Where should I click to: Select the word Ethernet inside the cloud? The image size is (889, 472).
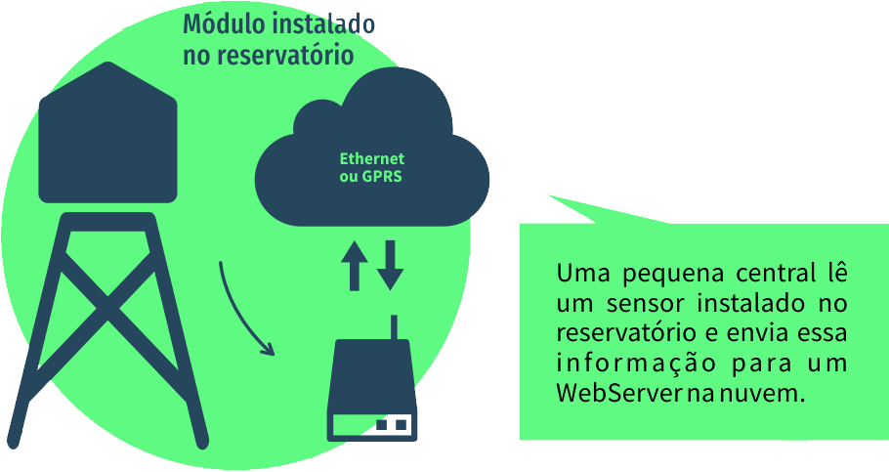[371, 159]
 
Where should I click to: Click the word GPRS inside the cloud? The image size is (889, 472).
[382, 177]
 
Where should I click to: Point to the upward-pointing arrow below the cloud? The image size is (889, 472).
[354, 264]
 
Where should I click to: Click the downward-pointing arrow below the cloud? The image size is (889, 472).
[390, 264]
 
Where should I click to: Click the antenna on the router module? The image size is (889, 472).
[394, 327]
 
